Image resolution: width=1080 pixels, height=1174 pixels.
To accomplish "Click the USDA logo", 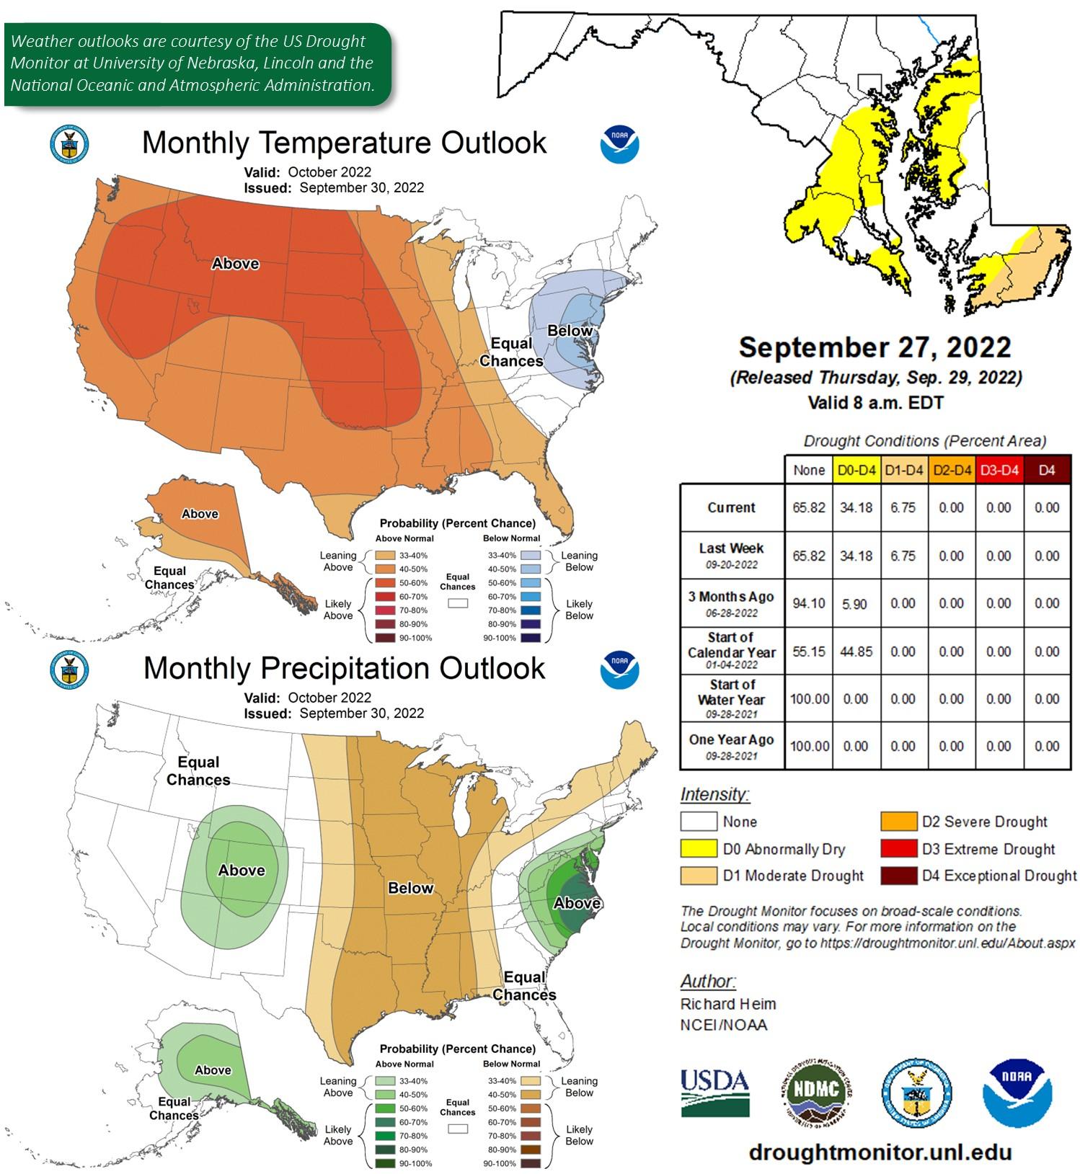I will pyautogui.click(x=714, y=1091).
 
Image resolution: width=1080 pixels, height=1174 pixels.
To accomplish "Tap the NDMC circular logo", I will pyautogui.click(x=816, y=1093).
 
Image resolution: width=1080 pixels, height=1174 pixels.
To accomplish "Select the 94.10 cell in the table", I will pyautogui.click(x=808, y=603).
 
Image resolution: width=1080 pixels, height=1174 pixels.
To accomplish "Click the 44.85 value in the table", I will pyautogui.click(x=856, y=652).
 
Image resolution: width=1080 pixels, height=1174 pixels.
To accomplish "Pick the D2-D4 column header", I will pyautogui.click(x=952, y=471).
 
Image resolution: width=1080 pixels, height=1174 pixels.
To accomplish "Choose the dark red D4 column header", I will pyautogui.click(x=1047, y=471).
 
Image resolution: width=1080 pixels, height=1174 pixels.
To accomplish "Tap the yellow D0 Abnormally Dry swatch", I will pyautogui.click(x=698, y=849).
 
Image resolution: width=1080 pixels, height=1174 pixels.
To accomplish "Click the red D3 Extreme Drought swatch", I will pyautogui.click(x=898, y=849).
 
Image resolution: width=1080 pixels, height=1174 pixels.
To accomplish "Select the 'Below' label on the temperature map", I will pyautogui.click(x=570, y=331).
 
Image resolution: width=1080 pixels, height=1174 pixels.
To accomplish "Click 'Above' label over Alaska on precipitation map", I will pyautogui.click(x=213, y=1070).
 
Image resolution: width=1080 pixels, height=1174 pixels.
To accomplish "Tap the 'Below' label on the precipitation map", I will pyautogui.click(x=410, y=888).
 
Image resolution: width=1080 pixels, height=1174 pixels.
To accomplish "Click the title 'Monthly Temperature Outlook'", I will pyautogui.click(x=344, y=143).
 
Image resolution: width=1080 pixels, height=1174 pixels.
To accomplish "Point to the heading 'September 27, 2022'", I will pyautogui.click(x=875, y=347).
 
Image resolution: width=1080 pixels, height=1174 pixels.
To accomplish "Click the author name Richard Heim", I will pyautogui.click(x=728, y=1004).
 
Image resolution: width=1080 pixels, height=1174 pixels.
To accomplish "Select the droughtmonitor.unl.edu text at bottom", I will pyautogui.click(x=880, y=1152).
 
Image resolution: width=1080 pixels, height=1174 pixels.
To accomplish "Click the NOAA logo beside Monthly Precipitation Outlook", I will pyautogui.click(x=619, y=670).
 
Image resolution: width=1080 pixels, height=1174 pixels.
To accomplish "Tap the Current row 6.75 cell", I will pyautogui.click(x=903, y=507).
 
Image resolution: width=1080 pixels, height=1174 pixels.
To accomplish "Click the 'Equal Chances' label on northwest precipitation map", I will pyautogui.click(x=198, y=771).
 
